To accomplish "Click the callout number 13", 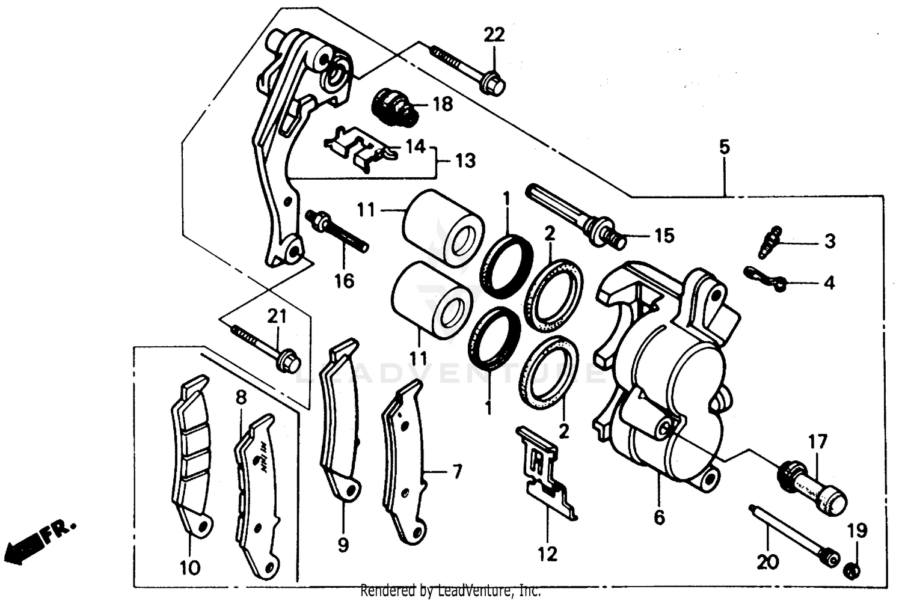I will click(x=464, y=160).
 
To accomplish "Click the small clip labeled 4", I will click(x=764, y=277).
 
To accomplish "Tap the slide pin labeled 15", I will click(x=577, y=218).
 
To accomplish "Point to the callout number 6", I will click(x=659, y=517).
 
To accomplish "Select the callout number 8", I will click(x=241, y=398).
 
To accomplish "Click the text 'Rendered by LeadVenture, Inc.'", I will click(x=450, y=591).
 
